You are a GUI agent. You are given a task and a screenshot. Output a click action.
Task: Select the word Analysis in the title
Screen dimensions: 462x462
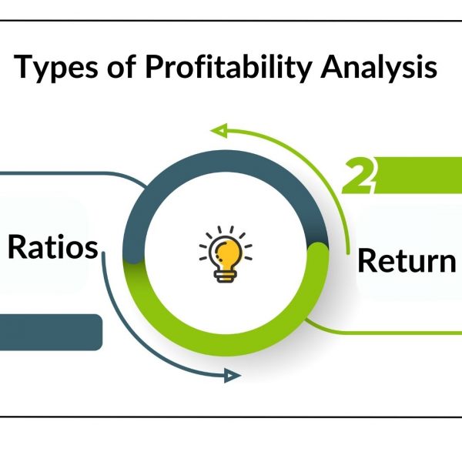click(379, 68)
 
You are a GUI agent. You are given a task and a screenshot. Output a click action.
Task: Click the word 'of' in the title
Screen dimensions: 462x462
click(122, 66)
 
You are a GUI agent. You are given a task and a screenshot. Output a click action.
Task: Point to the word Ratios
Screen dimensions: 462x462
click(52, 247)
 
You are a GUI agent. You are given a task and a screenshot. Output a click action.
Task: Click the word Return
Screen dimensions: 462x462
click(407, 261)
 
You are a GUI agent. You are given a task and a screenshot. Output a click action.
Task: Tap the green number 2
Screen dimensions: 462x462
click(359, 176)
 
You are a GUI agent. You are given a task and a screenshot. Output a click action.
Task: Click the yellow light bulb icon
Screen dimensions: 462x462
click(226, 254)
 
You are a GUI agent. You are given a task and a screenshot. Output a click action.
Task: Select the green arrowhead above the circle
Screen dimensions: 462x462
click(219, 130)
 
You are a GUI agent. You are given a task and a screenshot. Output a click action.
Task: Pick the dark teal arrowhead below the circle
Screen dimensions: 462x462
click(233, 376)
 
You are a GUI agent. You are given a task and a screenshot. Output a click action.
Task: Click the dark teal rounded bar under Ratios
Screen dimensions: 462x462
click(51, 333)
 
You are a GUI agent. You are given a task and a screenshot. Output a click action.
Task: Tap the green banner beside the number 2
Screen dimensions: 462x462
click(418, 176)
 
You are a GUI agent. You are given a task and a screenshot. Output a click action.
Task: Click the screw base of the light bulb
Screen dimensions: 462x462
click(226, 276)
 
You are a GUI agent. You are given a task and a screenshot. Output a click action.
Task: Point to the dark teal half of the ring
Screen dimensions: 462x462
click(226, 162)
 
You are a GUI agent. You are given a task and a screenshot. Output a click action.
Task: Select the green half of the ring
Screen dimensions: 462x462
click(226, 345)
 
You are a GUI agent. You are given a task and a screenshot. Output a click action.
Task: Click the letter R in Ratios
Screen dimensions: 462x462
click(16, 247)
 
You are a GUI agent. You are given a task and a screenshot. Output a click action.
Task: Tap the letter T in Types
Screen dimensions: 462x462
click(25, 66)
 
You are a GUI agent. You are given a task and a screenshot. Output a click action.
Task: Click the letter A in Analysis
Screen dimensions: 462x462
click(332, 66)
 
